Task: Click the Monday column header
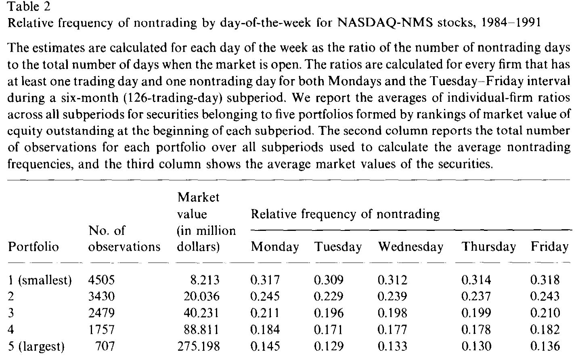[275, 247]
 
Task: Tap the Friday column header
[549, 247]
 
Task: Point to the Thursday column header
[489, 247]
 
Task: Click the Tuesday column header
[338, 247]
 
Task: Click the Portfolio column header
[34, 247]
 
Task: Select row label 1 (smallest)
[40, 280]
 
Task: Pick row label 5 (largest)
[36, 346]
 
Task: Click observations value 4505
[101, 280]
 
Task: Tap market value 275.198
[199, 346]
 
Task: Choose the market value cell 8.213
[205, 280]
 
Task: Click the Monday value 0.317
[265, 280]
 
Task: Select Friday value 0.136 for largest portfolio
[545, 346]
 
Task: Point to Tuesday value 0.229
[329, 296]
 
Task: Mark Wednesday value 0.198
[392, 313]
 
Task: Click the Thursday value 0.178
[476, 329]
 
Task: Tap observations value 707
[105, 346]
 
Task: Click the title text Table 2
[29, 6]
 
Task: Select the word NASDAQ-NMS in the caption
[385, 23]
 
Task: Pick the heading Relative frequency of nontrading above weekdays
[346, 214]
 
